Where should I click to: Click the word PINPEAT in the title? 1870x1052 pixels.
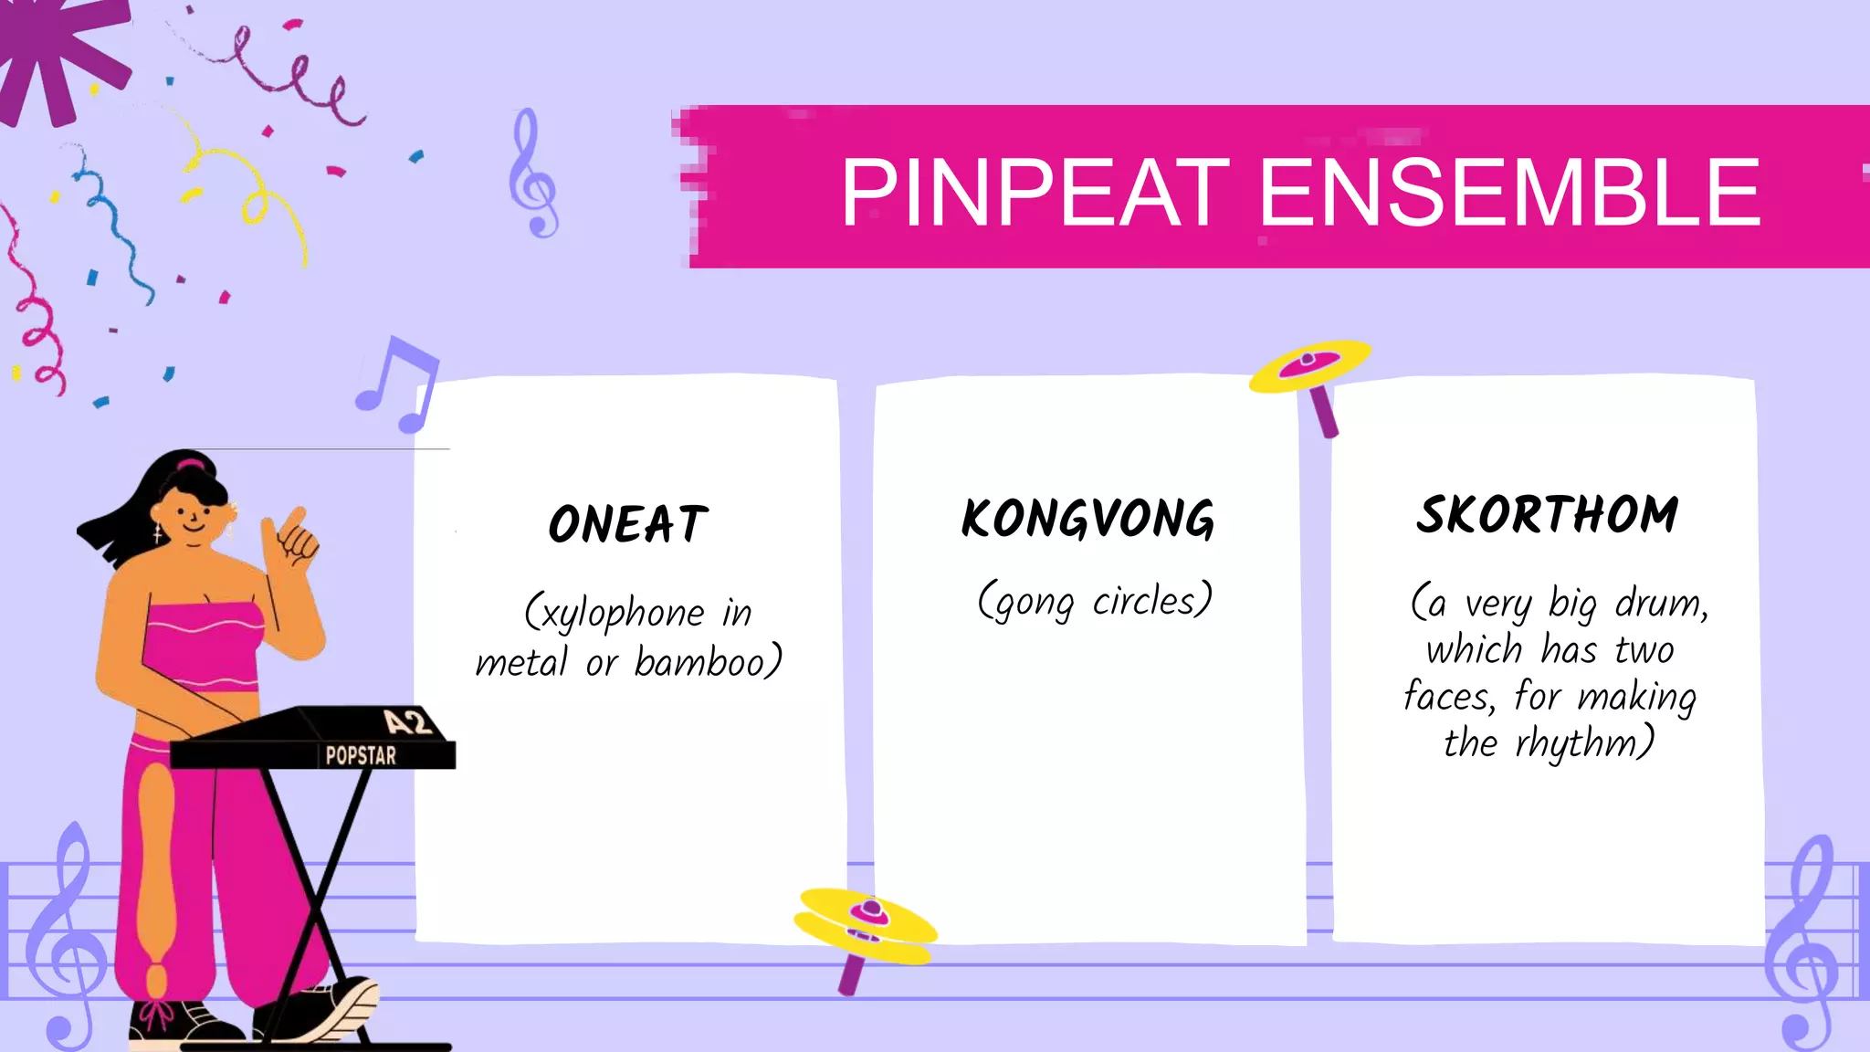click(1035, 192)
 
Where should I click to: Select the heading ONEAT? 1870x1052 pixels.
click(628, 524)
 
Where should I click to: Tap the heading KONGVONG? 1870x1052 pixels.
click(1087, 519)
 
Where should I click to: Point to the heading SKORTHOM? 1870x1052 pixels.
click(1547, 514)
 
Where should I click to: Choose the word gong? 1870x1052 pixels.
click(1035, 604)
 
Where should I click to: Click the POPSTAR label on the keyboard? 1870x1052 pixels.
click(361, 755)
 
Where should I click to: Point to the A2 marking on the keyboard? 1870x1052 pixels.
click(406, 722)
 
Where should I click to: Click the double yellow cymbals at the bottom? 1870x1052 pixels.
click(865, 924)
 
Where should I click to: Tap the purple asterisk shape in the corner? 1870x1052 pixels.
click(59, 55)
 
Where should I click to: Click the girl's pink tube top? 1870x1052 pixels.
click(203, 644)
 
